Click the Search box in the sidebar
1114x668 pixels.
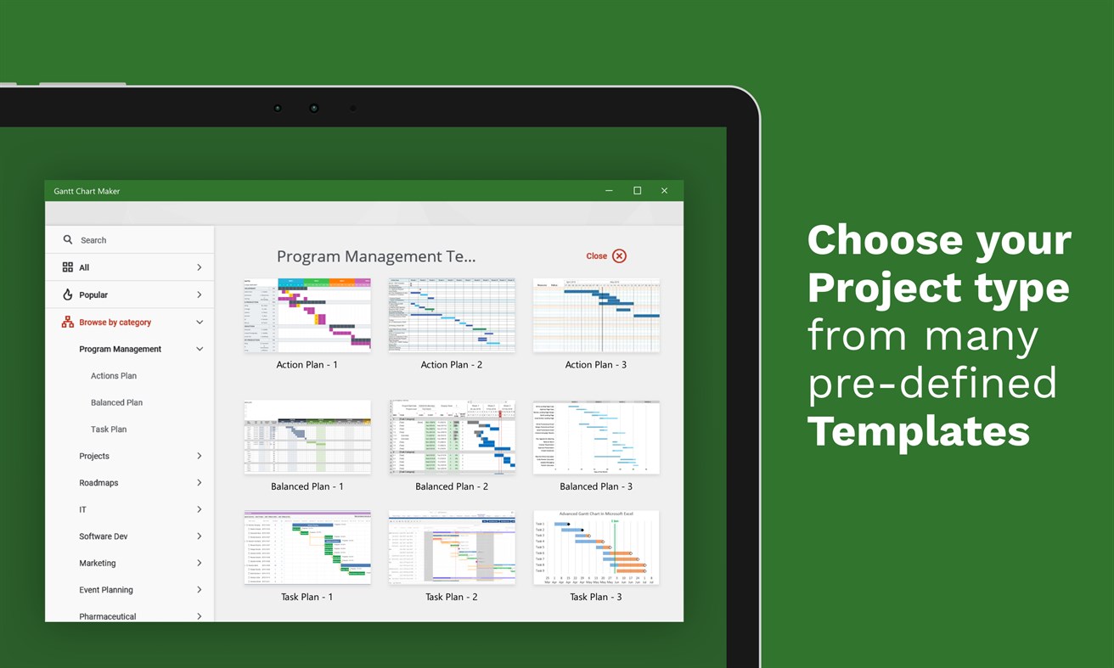pos(127,240)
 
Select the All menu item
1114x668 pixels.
pos(84,267)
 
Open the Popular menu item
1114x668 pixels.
pos(93,295)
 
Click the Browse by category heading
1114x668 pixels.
pos(115,323)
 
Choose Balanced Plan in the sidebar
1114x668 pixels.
pos(116,402)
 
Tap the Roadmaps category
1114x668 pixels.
pos(98,483)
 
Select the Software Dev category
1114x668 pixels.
pos(104,536)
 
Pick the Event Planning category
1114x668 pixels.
pos(106,590)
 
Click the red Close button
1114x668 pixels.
pos(606,256)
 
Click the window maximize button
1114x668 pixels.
pos(637,191)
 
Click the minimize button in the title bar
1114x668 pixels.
pos(609,191)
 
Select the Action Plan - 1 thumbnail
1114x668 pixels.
pos(307,315)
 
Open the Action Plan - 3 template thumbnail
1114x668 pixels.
pos(596,315)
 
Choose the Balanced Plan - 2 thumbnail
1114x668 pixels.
pos(452,437)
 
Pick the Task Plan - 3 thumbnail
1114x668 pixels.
pos(596,547)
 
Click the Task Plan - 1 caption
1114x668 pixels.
pos(307,598)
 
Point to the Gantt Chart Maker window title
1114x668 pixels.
pos(87,191)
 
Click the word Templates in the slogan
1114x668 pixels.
pos(918,431)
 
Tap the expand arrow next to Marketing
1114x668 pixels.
pos(200,563)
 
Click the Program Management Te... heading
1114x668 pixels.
pos(376,256)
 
